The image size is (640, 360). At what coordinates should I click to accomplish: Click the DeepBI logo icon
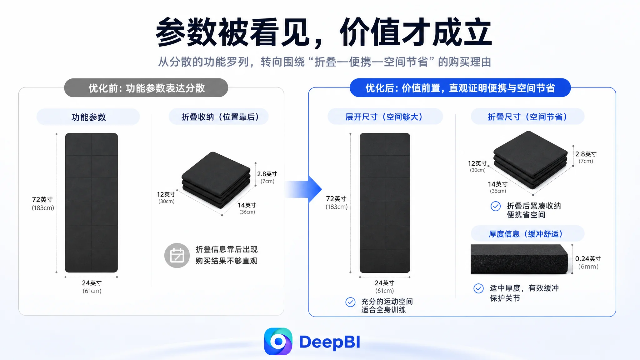click(278, 341)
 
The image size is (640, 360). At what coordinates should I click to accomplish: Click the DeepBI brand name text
click(330, 342)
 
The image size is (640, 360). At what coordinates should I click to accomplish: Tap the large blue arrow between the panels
click(303, 189)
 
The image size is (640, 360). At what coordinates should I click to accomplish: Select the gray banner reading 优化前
click(146, 88)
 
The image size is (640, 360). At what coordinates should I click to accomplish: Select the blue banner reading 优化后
click(460, 88)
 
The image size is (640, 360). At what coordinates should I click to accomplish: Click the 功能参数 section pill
click(88, 117)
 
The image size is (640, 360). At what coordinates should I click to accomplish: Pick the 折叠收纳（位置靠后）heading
click(218, 117)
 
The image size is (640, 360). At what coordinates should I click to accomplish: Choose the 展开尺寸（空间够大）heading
click(385, 117)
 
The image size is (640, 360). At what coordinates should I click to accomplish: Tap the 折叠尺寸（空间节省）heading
click(527, 117)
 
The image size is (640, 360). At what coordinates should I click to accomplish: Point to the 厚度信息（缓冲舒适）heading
click(527, 234)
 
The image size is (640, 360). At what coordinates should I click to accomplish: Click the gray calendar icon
click(177, 256)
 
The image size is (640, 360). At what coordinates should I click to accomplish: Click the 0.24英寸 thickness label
click(588, 259)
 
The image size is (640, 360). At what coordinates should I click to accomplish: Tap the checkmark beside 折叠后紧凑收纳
click(496, 206)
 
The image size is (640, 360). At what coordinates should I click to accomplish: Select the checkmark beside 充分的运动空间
click(351, 302)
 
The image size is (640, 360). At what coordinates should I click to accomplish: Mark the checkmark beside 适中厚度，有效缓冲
click(478, 288)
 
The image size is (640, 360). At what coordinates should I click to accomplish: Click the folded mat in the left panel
click(216, 180)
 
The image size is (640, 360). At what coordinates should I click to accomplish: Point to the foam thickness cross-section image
click(519, 259)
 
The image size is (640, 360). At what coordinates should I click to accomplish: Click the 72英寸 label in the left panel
click(42, 199)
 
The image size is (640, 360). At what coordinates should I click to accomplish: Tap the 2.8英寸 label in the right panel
click(586, 154)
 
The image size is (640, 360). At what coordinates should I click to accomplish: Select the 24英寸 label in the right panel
click(384, 283)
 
